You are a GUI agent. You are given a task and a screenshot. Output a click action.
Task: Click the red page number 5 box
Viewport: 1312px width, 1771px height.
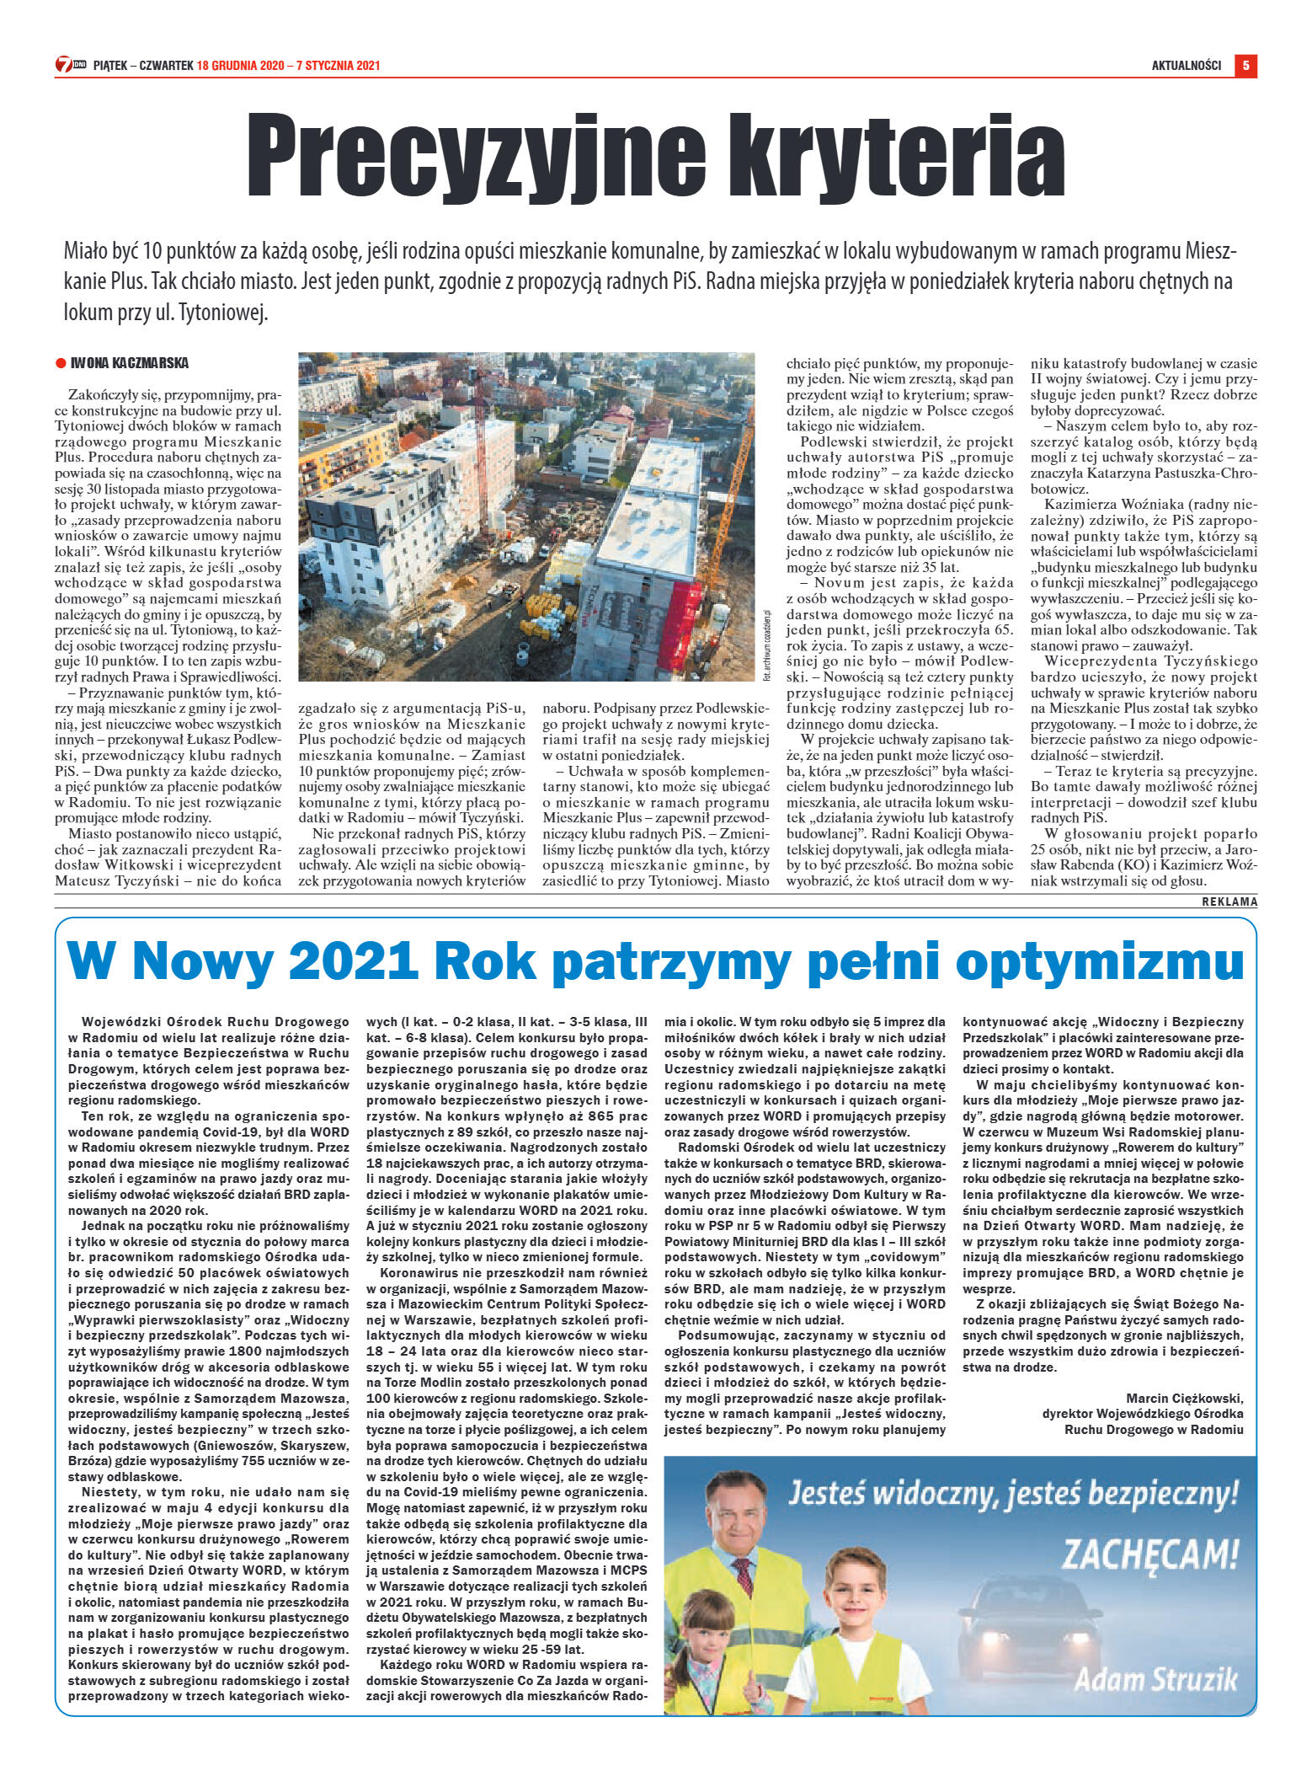point(1245,65)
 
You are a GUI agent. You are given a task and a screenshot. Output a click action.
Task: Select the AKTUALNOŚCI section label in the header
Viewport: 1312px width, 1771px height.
point(1186,66)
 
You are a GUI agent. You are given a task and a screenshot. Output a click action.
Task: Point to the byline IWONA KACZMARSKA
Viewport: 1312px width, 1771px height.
point(130,363)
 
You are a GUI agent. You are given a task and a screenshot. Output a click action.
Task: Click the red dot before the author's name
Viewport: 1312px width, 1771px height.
point(61,364)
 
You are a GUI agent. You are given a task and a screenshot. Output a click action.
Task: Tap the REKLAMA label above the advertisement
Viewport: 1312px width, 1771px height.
point(1229,902)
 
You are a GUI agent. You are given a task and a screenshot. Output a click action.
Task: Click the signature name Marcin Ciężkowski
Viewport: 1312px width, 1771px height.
point(1184,1399)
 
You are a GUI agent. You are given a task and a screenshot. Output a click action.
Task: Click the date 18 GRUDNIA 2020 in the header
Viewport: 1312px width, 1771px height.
point(239,66)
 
